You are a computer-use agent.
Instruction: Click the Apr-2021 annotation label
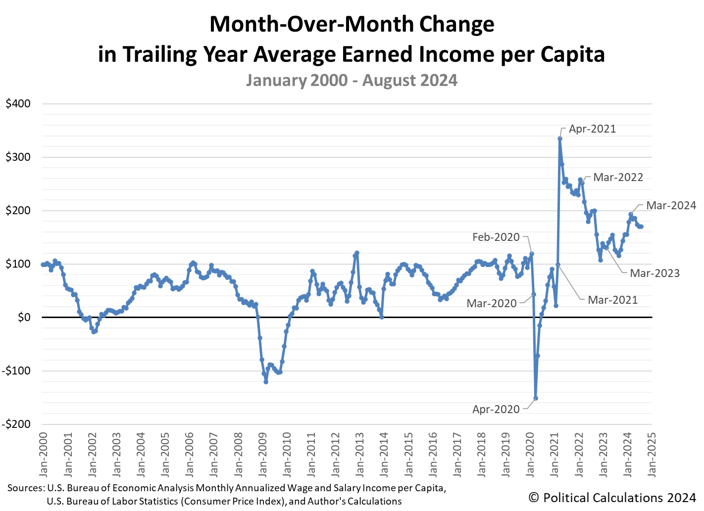[592, 129]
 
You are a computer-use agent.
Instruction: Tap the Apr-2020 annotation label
[496, 410]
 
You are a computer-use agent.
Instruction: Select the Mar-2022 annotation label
[618, 178]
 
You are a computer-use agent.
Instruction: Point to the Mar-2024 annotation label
[671, 206]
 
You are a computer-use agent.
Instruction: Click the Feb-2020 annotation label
[496, 237]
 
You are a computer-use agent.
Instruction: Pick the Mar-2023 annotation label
[654, 274]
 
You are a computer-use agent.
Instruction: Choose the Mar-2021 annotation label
[612, 300]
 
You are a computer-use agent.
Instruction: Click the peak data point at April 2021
[560, 139]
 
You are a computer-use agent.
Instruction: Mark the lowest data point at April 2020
[536, 398]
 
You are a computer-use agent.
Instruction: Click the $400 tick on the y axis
[18, 104]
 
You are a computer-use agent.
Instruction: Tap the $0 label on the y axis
[24, 318]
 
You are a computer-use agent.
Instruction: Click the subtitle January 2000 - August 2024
[352, 81]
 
